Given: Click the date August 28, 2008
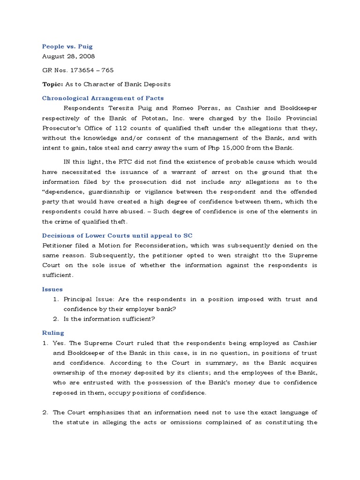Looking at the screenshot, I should coord(68,56).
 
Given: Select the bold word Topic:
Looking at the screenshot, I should coord(52,84).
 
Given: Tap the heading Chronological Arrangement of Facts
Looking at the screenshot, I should coord(103,98).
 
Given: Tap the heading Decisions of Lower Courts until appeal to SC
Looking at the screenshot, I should coord(117,235).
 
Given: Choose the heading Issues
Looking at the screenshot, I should coord(52,289).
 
